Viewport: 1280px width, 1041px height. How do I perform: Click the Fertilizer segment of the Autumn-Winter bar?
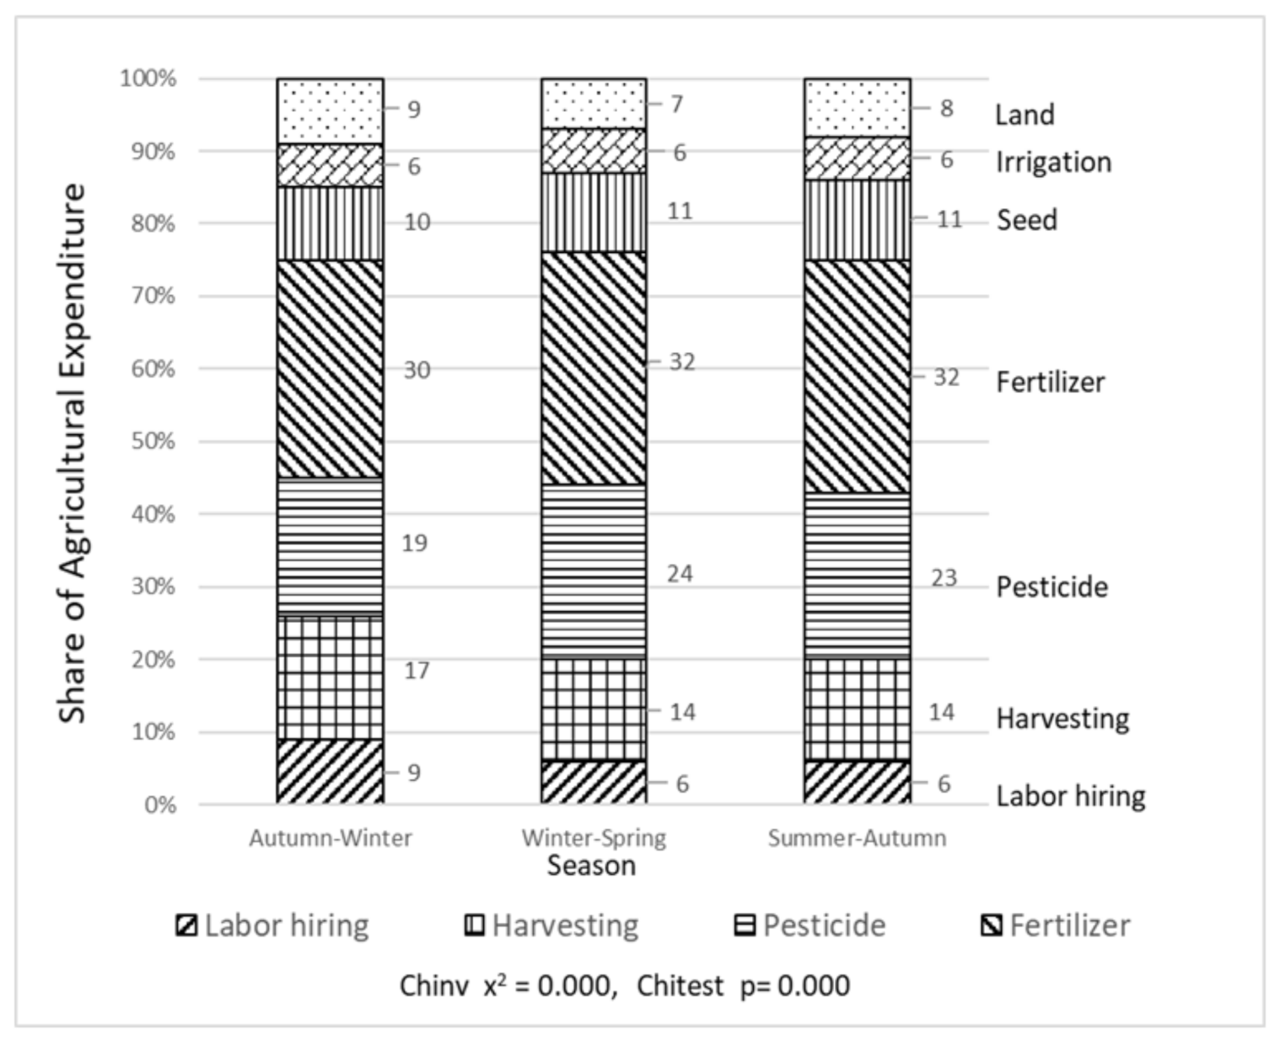point(330,368)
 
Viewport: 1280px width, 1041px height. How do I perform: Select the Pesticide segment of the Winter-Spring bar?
point(594,571)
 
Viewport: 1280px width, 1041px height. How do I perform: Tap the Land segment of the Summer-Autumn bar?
point(857,108)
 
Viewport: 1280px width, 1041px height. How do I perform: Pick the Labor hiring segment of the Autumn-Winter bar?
point(330,771)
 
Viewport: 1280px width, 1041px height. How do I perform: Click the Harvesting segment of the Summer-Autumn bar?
point(857,710)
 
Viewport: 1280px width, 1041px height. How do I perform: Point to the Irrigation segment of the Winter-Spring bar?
point(594,151)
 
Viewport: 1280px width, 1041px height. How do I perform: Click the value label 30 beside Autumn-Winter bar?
point(417,369)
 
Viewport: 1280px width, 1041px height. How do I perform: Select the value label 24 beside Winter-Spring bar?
point(680,573)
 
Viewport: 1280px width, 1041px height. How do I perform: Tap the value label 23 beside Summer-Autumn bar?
point(944,578)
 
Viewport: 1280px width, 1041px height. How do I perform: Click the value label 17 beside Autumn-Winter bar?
point(417,670)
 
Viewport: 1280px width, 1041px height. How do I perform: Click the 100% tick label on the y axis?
point(148,78)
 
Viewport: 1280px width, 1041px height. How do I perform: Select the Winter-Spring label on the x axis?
point(594,838)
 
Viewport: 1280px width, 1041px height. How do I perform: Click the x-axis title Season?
point(590,866)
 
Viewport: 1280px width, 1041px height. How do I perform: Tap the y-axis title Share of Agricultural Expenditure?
point(73,453)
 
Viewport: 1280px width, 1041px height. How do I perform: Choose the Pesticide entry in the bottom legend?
point(809,926)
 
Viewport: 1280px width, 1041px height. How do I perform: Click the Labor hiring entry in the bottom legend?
point(272,926)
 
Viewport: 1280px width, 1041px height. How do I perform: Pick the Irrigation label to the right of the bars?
point(1053,162)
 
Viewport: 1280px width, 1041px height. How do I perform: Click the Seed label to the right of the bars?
point(1026,220)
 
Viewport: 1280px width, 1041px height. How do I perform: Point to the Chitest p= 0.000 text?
point(743,985)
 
